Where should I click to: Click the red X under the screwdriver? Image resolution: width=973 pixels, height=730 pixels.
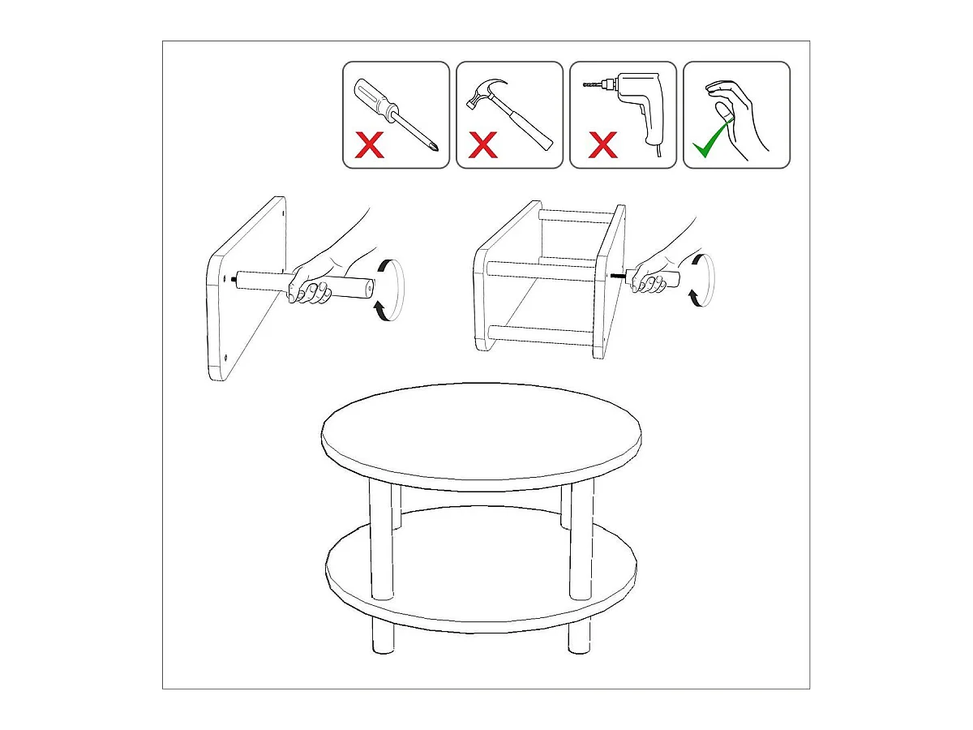pyautogui.click(x=371, y=146)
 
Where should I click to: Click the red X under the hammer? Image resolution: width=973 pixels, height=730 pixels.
pyautogui.click(x=484, y=146)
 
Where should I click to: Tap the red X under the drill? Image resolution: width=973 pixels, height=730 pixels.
pyautogui.click(x=602, y=146)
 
